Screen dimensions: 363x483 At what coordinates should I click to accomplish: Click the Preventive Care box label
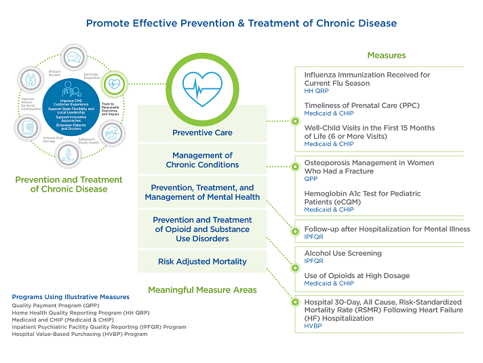[x=202, y=133]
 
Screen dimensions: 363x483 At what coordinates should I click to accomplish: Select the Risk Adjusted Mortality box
[x=202, y=261]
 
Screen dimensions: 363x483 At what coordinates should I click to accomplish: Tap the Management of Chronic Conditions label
[x=202, y=160]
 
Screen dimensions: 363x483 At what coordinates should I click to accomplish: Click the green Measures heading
[x=386, y=55]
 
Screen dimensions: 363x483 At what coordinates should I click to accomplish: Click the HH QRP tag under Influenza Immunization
[x=317, y=91]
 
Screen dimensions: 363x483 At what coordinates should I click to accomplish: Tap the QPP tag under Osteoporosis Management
[x=311, y=179]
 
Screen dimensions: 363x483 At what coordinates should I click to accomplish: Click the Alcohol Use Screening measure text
[x=343, y=253]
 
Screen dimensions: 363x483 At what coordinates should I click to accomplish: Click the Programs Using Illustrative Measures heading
[x=71, y=297]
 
